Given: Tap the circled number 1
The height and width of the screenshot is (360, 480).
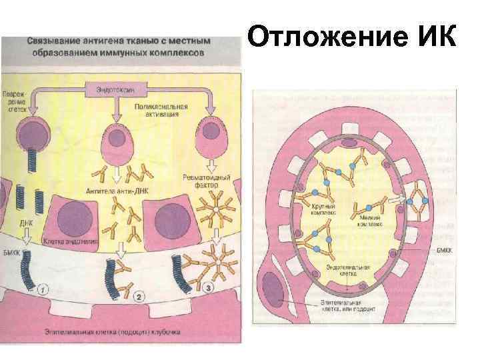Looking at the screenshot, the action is pos(43,290).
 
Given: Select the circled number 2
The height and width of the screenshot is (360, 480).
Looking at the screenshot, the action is pos(139,295).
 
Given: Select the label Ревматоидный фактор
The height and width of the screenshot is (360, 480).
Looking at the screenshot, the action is pos(207,182).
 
